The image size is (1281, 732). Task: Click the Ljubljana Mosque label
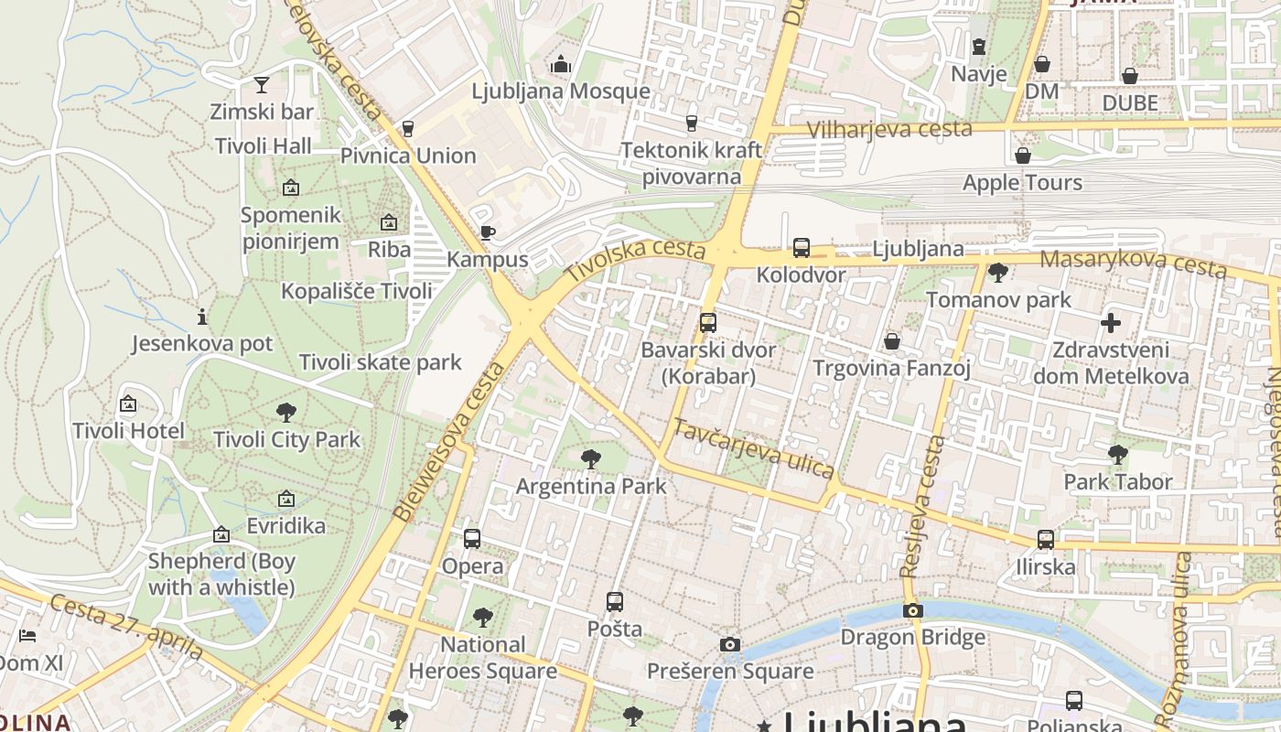561,91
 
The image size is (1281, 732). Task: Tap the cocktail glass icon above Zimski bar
262,85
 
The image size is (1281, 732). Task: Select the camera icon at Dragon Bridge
912,611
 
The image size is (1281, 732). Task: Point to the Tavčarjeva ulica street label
754,448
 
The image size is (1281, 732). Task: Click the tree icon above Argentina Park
591,459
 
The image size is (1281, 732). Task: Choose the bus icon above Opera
472,539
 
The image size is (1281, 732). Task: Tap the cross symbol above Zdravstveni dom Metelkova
1111,323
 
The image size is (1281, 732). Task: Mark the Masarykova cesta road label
1133,263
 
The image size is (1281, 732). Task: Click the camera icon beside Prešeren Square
729,645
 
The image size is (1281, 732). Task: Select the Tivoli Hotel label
128,431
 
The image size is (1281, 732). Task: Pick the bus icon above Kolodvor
802,247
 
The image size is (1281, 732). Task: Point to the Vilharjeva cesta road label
889,129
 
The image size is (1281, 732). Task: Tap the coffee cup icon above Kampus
488,232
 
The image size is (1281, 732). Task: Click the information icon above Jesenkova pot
202,317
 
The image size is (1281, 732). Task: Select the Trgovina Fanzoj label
892,369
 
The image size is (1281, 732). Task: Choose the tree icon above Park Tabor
1117,454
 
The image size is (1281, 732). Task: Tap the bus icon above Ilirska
1046,540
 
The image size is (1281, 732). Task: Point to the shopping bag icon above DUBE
1130,75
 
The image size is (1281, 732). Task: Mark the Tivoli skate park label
381,362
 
